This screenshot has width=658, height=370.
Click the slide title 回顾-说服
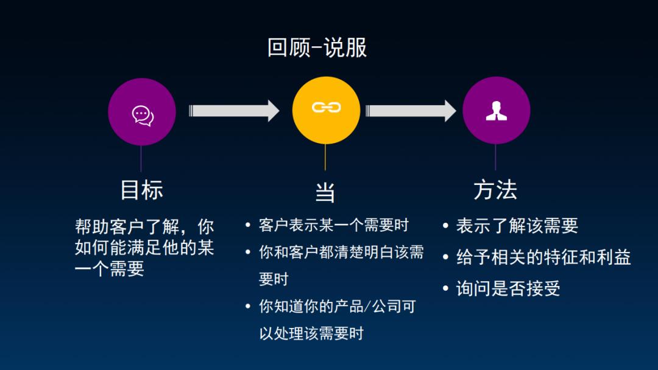coord(317,47)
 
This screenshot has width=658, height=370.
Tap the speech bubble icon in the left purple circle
coord(143,114)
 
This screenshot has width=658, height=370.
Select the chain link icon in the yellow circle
coord(326,108)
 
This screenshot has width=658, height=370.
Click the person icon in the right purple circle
coord(496,111)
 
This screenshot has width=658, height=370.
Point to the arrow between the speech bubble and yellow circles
coord(234,111)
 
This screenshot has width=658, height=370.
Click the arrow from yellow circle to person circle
coord(411,111)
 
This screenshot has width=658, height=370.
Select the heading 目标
coord(141,190)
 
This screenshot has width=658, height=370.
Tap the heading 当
coord(325,193)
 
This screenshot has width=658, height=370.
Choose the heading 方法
coord(495,190)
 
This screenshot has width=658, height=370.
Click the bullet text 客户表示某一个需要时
coord(333,225)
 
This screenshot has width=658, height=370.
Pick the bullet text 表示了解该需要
coord(517,226)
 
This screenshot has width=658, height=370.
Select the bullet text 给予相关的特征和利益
coord(543,257)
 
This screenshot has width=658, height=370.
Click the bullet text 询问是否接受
coord(508,288)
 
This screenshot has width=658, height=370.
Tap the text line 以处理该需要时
coord(311,333)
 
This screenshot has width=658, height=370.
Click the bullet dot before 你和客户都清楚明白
coord(248,253)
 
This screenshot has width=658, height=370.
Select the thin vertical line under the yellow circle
coord(325,157)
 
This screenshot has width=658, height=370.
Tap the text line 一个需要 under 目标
coord(109,269)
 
